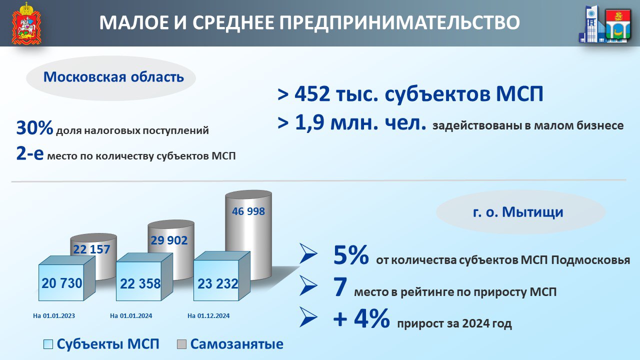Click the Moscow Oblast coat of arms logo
(x=26, y=23)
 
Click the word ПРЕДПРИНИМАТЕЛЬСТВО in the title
(x=399, y=22)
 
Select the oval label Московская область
(x=111, y=77)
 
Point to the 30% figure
(x=34, y=127)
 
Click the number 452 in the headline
(x=311, y=94)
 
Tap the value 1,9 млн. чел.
(x=360, y=123)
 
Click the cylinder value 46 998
(x=248, y=211)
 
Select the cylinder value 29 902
(x=169, y=240)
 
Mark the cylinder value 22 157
(x=91, y=249)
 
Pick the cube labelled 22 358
(x=144, y=277)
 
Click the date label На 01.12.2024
(x=208, y=315)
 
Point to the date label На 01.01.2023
(x=54, y=315)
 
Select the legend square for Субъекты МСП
(x=48, y=344)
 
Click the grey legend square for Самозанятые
(x=181, y=344)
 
